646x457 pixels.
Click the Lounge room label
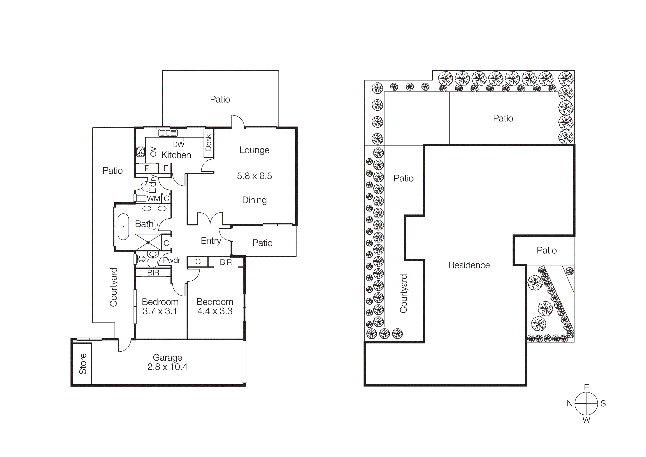point(254,150)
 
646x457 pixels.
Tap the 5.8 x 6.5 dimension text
point(254,176)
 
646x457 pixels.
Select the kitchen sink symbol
point(168,133)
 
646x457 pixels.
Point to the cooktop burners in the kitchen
point(140,152)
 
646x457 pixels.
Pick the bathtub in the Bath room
point(123,227)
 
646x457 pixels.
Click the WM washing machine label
point(153,199)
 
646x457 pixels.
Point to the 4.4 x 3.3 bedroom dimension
point(215,311)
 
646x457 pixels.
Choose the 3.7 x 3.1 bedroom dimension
point(160,311)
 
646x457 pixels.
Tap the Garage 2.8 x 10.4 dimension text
point(167,367)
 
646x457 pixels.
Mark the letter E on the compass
point(586,388)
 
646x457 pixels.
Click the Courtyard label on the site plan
point(403,294)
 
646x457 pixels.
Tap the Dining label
point(254,200)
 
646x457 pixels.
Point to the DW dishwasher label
point(178,145)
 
